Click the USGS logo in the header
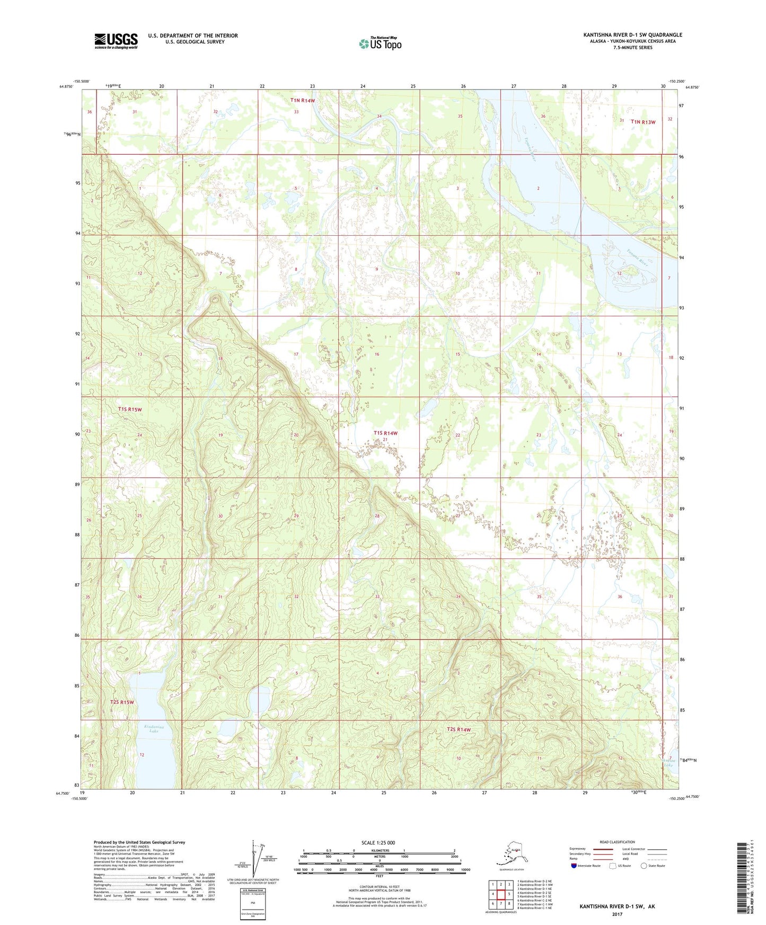point(116,40)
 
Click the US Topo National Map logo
point(380,43)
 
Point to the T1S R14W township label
point(385,433)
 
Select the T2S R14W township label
point(459,730)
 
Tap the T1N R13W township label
point(643,122)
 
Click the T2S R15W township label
point(122,702)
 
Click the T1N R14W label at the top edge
point(302,100)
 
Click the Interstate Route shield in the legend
point(574,866)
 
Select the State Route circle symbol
point(644,866)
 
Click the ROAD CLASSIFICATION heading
point(617,842)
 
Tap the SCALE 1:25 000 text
point(378,842)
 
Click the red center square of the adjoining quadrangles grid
point(501,894)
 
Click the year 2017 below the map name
point(617,914)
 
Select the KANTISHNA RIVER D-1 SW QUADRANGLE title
point(632,35)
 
